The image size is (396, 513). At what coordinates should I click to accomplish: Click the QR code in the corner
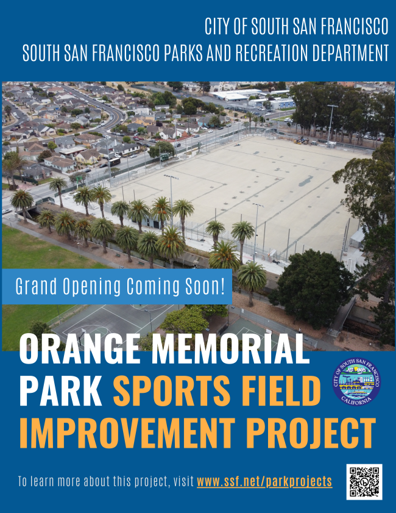tap(364, 482)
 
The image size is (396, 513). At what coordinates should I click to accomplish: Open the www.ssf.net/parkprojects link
tap(264, 481)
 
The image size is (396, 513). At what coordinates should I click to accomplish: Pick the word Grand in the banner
tap(35, 285)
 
